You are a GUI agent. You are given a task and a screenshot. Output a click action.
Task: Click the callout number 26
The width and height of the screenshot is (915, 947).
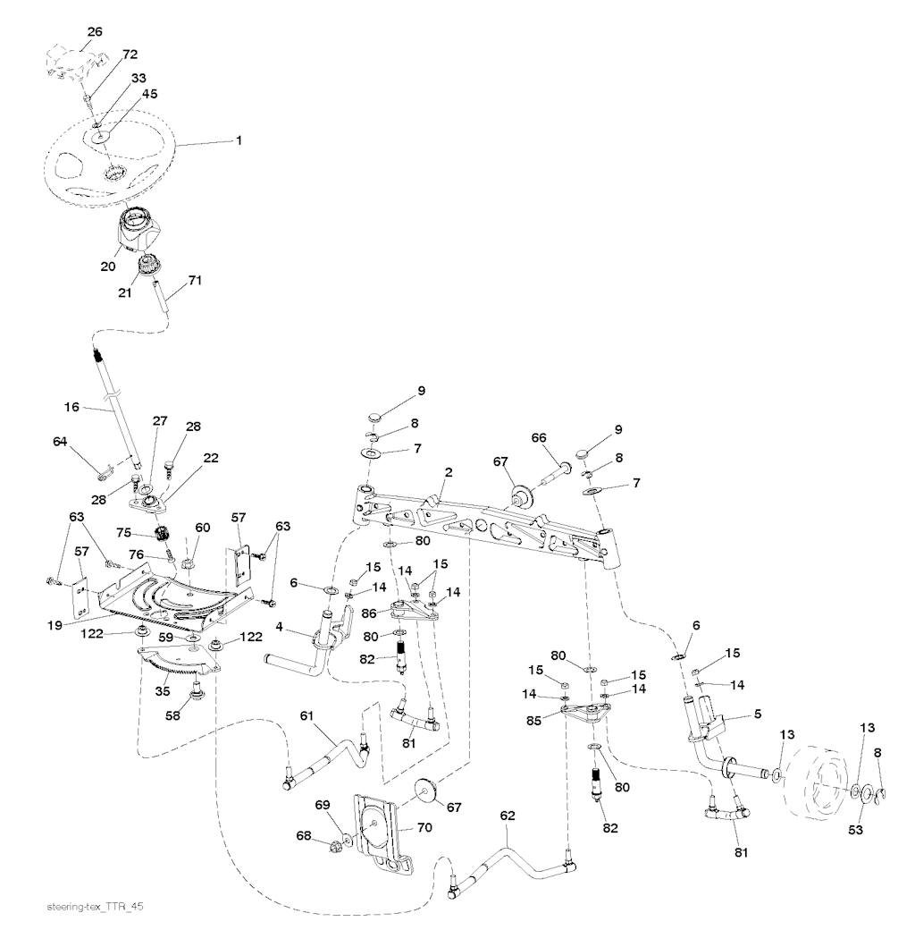(94, 31)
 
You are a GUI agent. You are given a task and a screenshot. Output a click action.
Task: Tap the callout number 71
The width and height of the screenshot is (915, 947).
(195, 281)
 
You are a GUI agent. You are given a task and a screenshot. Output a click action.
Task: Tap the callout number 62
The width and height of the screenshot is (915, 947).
(508, 816)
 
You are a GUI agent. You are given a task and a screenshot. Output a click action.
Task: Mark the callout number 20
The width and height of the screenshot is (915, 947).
(107, 266)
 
